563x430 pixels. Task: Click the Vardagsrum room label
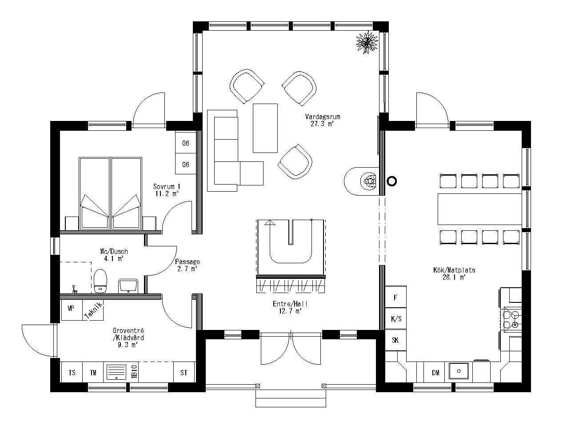click(322, 121)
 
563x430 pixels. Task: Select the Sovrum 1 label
click(167, 190)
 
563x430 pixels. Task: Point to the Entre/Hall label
click(290, 307)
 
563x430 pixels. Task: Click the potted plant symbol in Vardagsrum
click(367, 43)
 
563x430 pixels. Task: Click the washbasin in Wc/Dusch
click(129, 285)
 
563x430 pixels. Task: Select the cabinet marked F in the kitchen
click(395, 297)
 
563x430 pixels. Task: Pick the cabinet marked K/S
click(395, 319)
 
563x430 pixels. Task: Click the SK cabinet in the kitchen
click(395, 341)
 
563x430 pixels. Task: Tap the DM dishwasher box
click(435, 373)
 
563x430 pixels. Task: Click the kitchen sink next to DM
click(459, 370)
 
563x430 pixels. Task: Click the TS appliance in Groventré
click(72, 373)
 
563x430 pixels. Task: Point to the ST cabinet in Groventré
click(184, 373)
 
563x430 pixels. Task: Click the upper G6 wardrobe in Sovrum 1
click(186, 143)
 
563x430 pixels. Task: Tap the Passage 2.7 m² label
click(187, 265)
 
